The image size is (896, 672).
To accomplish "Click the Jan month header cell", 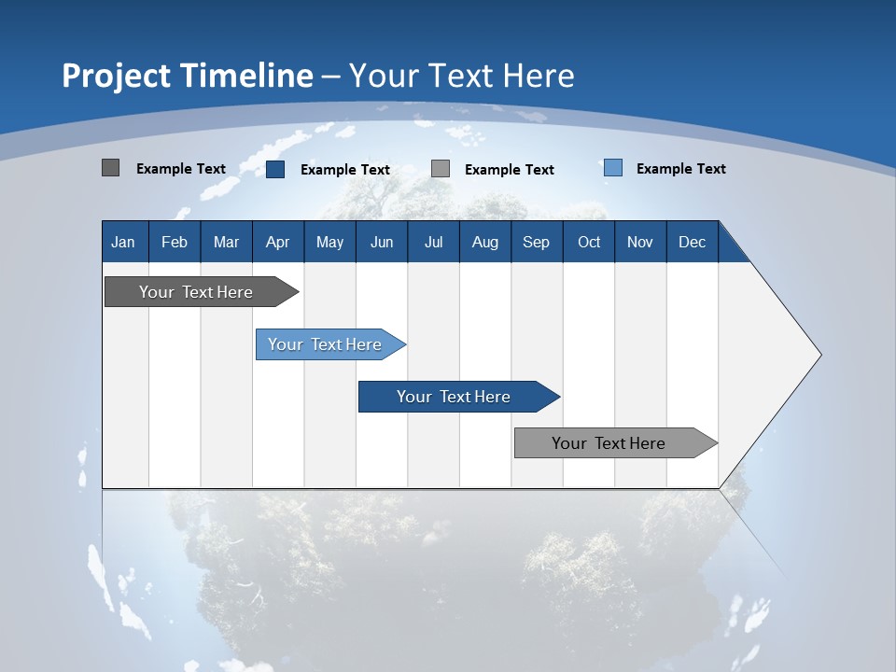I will coord(124,242).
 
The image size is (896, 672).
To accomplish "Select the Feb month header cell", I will coord(175,242).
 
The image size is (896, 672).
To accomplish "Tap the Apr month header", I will coord(278,242).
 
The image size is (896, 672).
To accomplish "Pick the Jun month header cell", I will coord(382,242).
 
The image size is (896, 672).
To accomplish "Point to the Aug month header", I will coord(485,242).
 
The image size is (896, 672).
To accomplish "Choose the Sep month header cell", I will coord(537,242).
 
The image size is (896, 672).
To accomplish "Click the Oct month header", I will coord(589,242).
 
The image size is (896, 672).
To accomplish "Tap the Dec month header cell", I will coord(693,242).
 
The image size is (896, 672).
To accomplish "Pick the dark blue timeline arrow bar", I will coord(455,397).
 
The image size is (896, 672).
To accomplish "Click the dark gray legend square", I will coord(111,168).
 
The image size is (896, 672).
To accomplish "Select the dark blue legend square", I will coord(275,169).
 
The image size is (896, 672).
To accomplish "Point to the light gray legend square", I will coord(441,169).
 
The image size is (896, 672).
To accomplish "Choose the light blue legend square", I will coord(613,168).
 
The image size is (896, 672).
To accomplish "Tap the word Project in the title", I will coord(116,76).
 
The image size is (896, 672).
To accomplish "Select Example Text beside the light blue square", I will coord(680,169).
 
